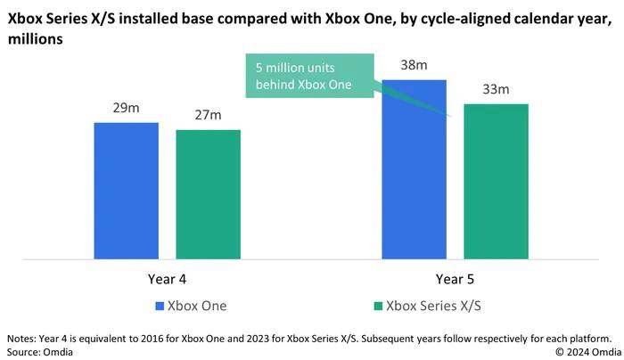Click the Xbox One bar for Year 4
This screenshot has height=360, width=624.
126,192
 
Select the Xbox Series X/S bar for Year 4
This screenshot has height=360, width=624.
208,195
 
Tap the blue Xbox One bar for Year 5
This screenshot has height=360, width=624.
414,170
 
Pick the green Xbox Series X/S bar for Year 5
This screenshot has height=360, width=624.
497,183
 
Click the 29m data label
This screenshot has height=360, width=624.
126,110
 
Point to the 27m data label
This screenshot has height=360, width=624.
208,117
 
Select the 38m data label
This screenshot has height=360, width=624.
414,66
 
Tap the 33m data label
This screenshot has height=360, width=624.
497,90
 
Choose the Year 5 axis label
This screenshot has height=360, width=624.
455,279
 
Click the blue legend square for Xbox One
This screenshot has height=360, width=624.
161,307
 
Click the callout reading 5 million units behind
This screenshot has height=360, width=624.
304,77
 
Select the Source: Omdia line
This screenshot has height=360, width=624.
40,352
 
